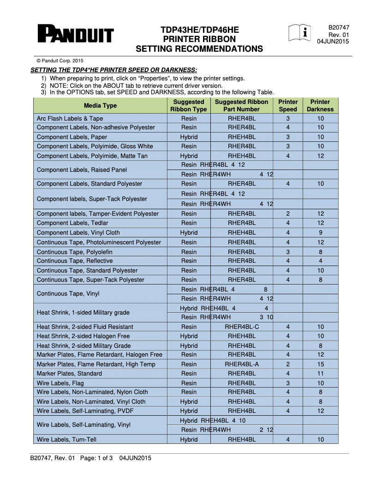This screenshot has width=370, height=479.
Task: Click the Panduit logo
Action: (x=76, y=35)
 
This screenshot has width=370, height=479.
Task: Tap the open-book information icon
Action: (x=299, y=33)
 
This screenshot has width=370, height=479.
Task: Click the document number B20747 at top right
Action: (x=338, y=28)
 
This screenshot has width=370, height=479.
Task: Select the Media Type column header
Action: (x=100, y=106)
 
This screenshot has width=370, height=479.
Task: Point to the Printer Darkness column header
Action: (x=320, y=106)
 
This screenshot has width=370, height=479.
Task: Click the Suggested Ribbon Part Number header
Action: (x=241, y=106)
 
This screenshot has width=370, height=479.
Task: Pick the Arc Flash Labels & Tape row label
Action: (x=70, y=119)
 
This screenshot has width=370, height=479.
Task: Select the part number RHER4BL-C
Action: (x=242, y=327)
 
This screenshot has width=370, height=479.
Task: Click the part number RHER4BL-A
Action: (x=242, y=364)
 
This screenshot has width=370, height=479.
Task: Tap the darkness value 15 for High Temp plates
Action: (x=321, y=364)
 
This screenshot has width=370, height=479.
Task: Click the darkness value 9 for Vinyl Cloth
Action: (x=321, y=233)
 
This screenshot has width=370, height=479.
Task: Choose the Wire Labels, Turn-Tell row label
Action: (x=66, y=440)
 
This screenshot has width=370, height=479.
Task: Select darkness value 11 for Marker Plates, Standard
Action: (x=321, y=374)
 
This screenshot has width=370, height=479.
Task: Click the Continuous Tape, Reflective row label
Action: (x=74, y=261)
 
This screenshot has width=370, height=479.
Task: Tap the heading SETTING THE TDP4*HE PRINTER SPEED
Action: (x=113, y=70)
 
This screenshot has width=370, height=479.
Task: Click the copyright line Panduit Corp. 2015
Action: (x=60, y=61)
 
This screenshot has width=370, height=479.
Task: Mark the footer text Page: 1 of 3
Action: (x=96, y=458)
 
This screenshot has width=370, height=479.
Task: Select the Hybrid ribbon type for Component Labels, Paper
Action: (x=189, y=137)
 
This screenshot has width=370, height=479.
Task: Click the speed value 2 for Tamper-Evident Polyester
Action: (x=288, y=214)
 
